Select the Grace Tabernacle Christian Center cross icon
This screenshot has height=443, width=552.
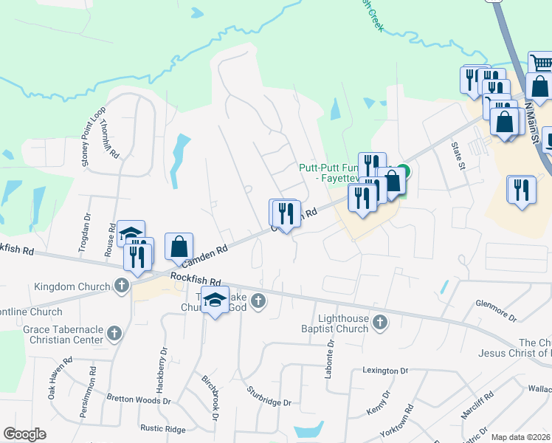pos(114,334)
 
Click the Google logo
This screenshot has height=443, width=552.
pos(24,434)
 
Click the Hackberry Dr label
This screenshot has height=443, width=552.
pos(162,367)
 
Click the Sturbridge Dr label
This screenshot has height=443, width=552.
pos(269,396)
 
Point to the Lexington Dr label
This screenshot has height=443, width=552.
pos(384,370)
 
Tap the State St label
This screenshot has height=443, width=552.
pos(460,155)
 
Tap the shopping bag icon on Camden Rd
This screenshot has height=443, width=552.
pos(179,247)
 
